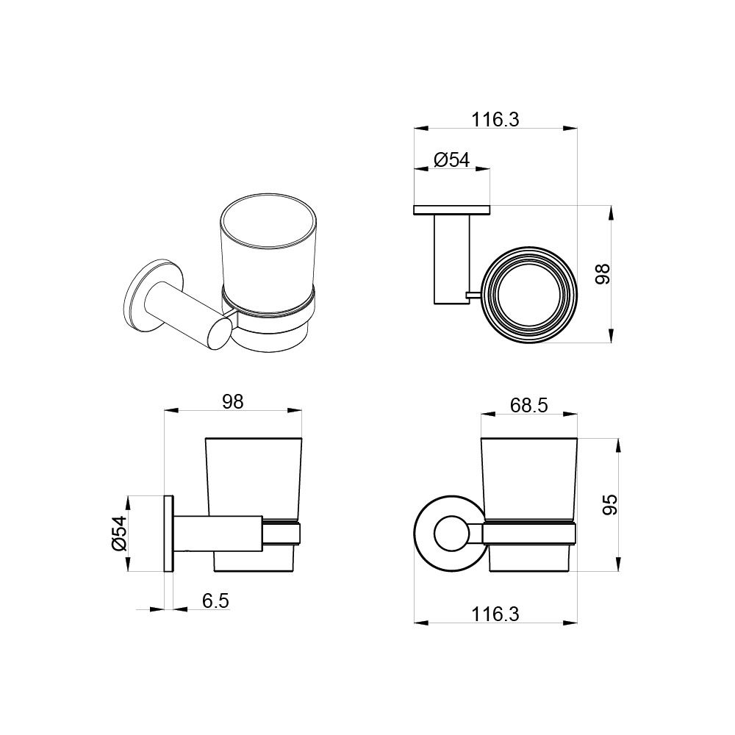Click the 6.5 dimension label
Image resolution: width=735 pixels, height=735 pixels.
[215, 600]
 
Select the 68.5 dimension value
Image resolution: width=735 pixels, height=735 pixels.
[528, 406]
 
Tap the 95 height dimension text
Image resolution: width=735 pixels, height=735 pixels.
[609, 505]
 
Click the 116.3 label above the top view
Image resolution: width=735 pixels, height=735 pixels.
[495, 120]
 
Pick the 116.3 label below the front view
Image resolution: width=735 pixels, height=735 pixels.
[495, 614]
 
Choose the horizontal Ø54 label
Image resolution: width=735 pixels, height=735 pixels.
[451, 159]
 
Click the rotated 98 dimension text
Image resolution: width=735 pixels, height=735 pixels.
[603, 273]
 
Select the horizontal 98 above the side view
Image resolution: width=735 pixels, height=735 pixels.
[233, 402]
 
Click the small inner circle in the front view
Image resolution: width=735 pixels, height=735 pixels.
[451, 534]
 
